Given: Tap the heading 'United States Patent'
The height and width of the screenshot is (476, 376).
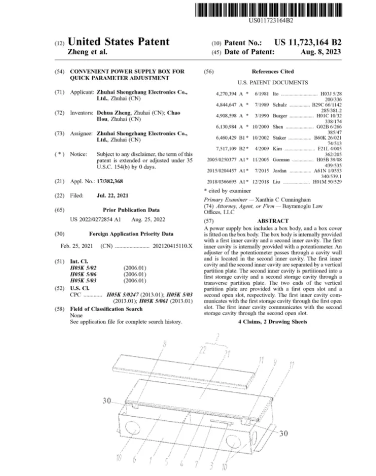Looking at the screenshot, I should (118, 42).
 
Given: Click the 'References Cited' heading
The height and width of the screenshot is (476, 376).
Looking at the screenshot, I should (273, 72).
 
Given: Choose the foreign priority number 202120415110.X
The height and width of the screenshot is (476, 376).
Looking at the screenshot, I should (173, 246).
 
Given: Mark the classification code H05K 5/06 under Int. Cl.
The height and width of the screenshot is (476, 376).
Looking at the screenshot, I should (83, 274).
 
